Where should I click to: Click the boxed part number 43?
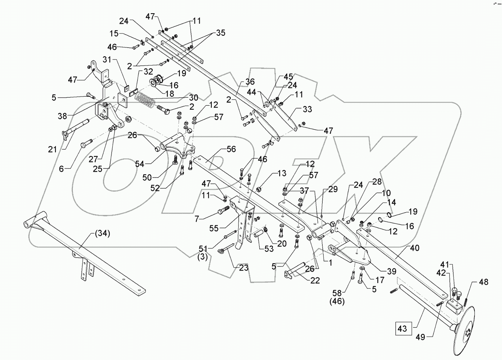[402, 328]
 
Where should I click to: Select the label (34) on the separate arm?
[102, 234]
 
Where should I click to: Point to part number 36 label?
[249, 82]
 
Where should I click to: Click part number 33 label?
[307, 110]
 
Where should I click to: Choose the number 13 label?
[282, 173]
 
